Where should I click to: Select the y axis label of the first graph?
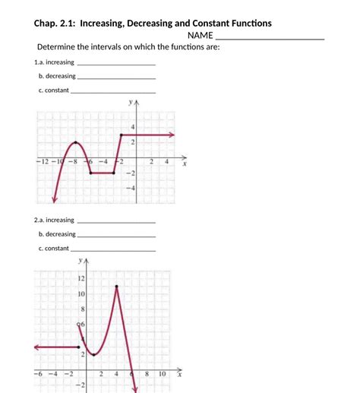131,102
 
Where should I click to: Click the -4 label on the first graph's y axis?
131,187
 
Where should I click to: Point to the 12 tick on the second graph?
81,278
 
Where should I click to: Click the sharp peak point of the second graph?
116,287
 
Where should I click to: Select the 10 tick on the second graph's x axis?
162,374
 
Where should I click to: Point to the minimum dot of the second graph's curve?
93,355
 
